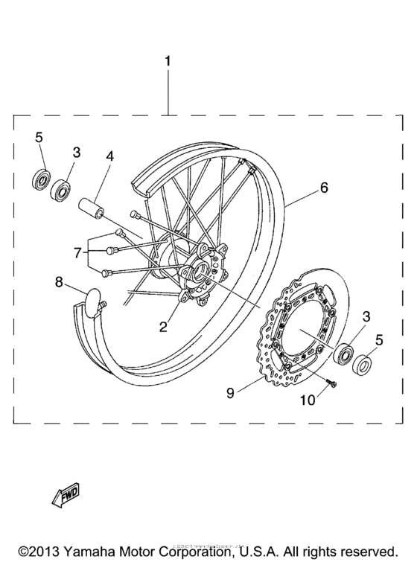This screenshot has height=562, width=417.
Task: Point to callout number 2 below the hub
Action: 163,325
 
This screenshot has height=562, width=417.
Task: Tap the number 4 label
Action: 109,157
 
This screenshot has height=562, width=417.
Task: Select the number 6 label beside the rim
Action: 324,188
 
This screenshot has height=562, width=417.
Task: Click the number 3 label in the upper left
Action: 76,152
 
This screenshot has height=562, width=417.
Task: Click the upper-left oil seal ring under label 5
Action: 39,180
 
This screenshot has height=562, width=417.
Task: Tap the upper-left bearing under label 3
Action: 61,189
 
